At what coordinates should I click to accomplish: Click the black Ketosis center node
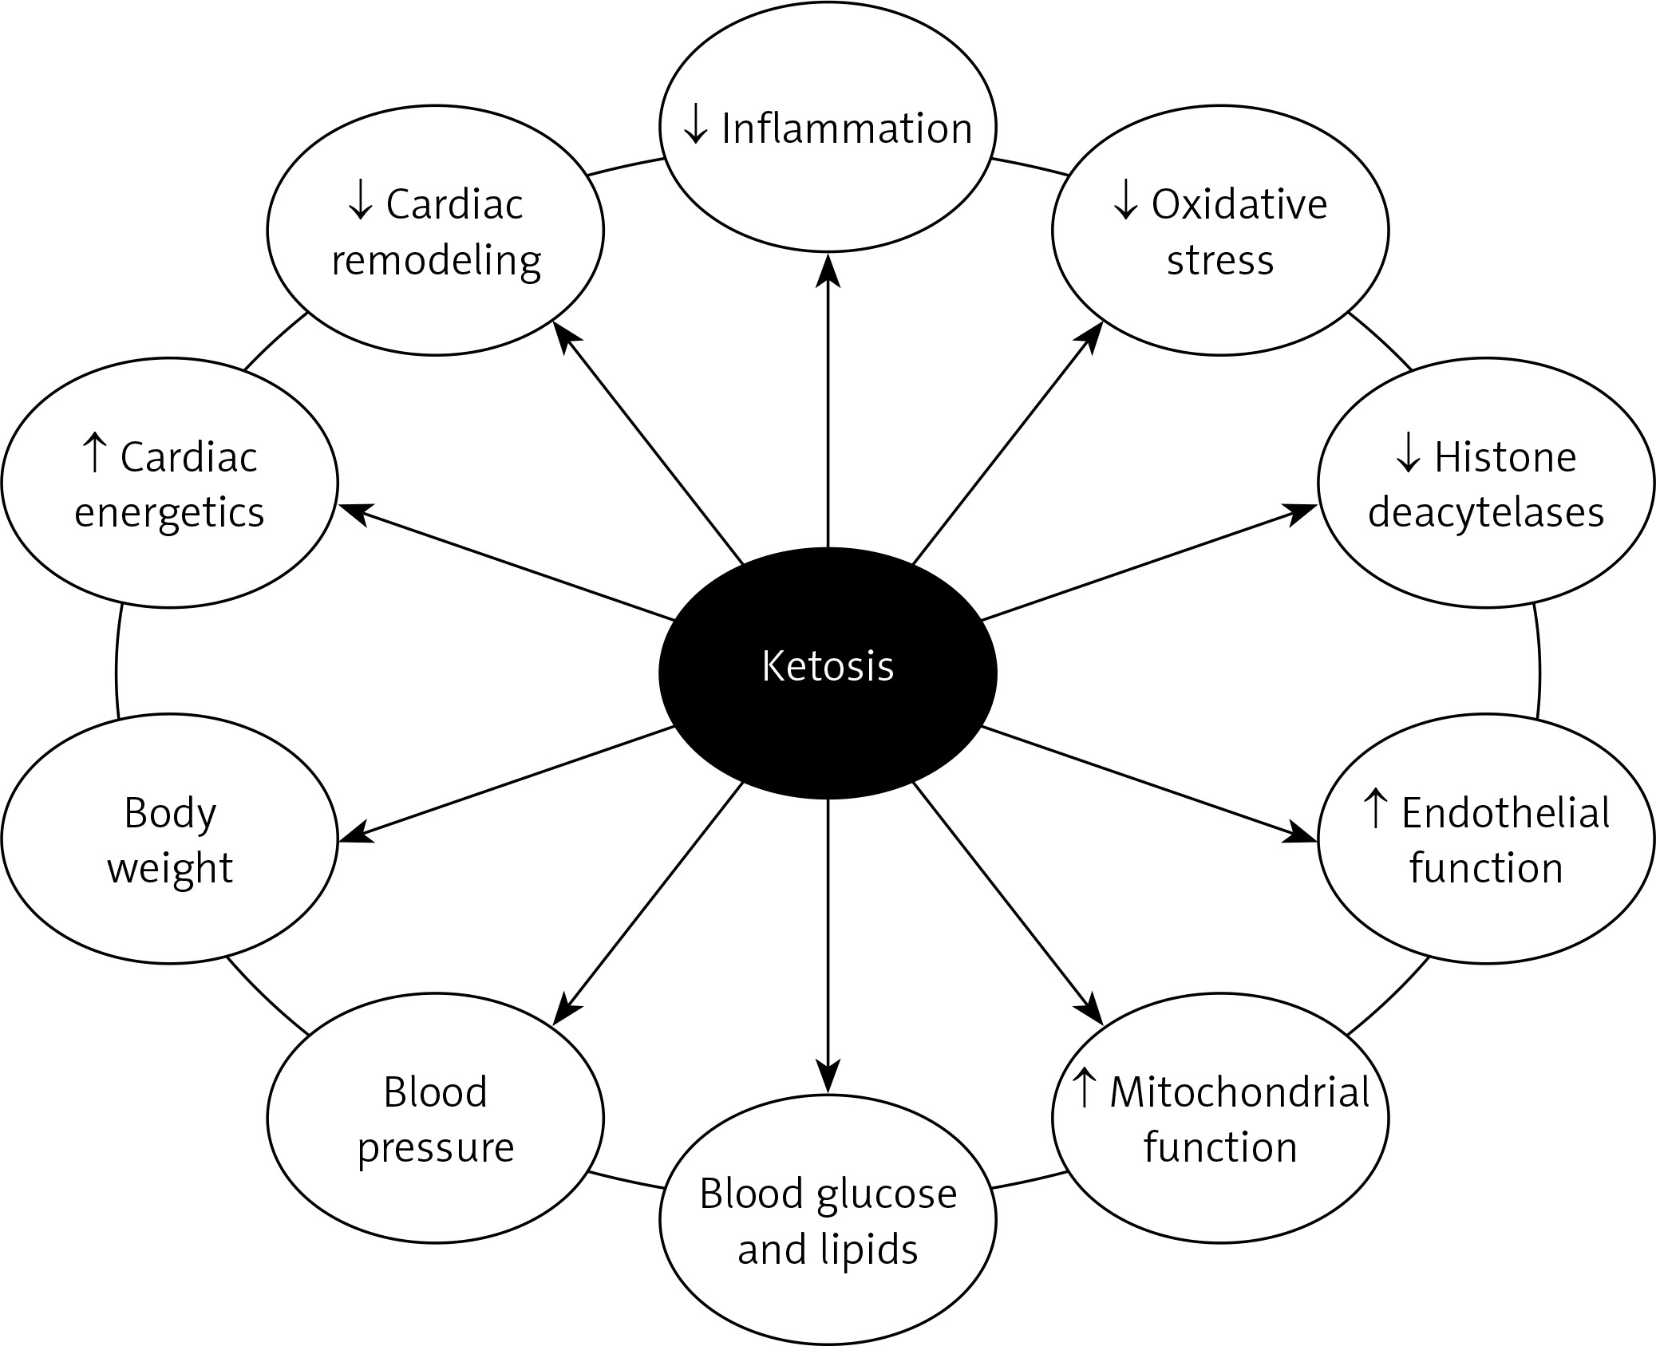(828, 673)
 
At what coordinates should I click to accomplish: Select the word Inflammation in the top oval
(847, 128)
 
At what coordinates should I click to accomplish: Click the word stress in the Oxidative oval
(1220, 261)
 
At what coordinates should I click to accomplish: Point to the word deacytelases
(1486, 512)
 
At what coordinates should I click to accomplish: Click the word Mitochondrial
(1239, 1092)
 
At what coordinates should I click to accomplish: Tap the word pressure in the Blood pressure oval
(436, 1148)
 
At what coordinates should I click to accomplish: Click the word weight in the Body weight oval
(170, 869)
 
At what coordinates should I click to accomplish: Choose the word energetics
(169, 512)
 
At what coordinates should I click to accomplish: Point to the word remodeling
(437, 261)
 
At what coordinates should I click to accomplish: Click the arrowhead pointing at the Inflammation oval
(828, 268)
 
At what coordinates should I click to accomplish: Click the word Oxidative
(1239, 205)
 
